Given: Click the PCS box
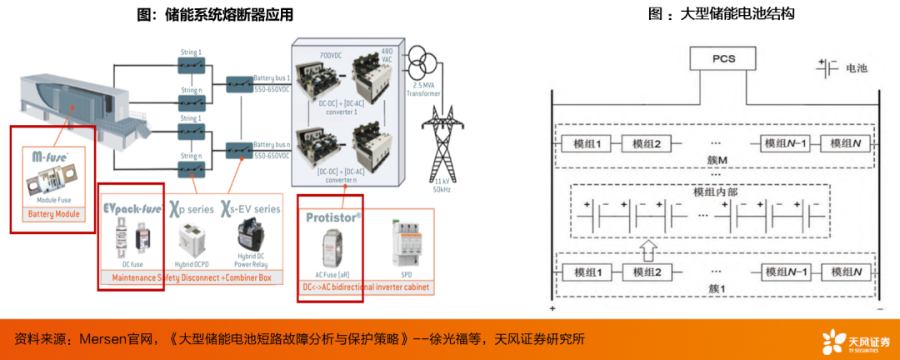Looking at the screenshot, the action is (x=722, y=60).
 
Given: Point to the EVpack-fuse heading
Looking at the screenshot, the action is (x=131, y=207).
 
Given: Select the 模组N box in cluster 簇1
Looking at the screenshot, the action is (x=844, y=272).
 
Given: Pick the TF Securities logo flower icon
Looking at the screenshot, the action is (x=833, y=342).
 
